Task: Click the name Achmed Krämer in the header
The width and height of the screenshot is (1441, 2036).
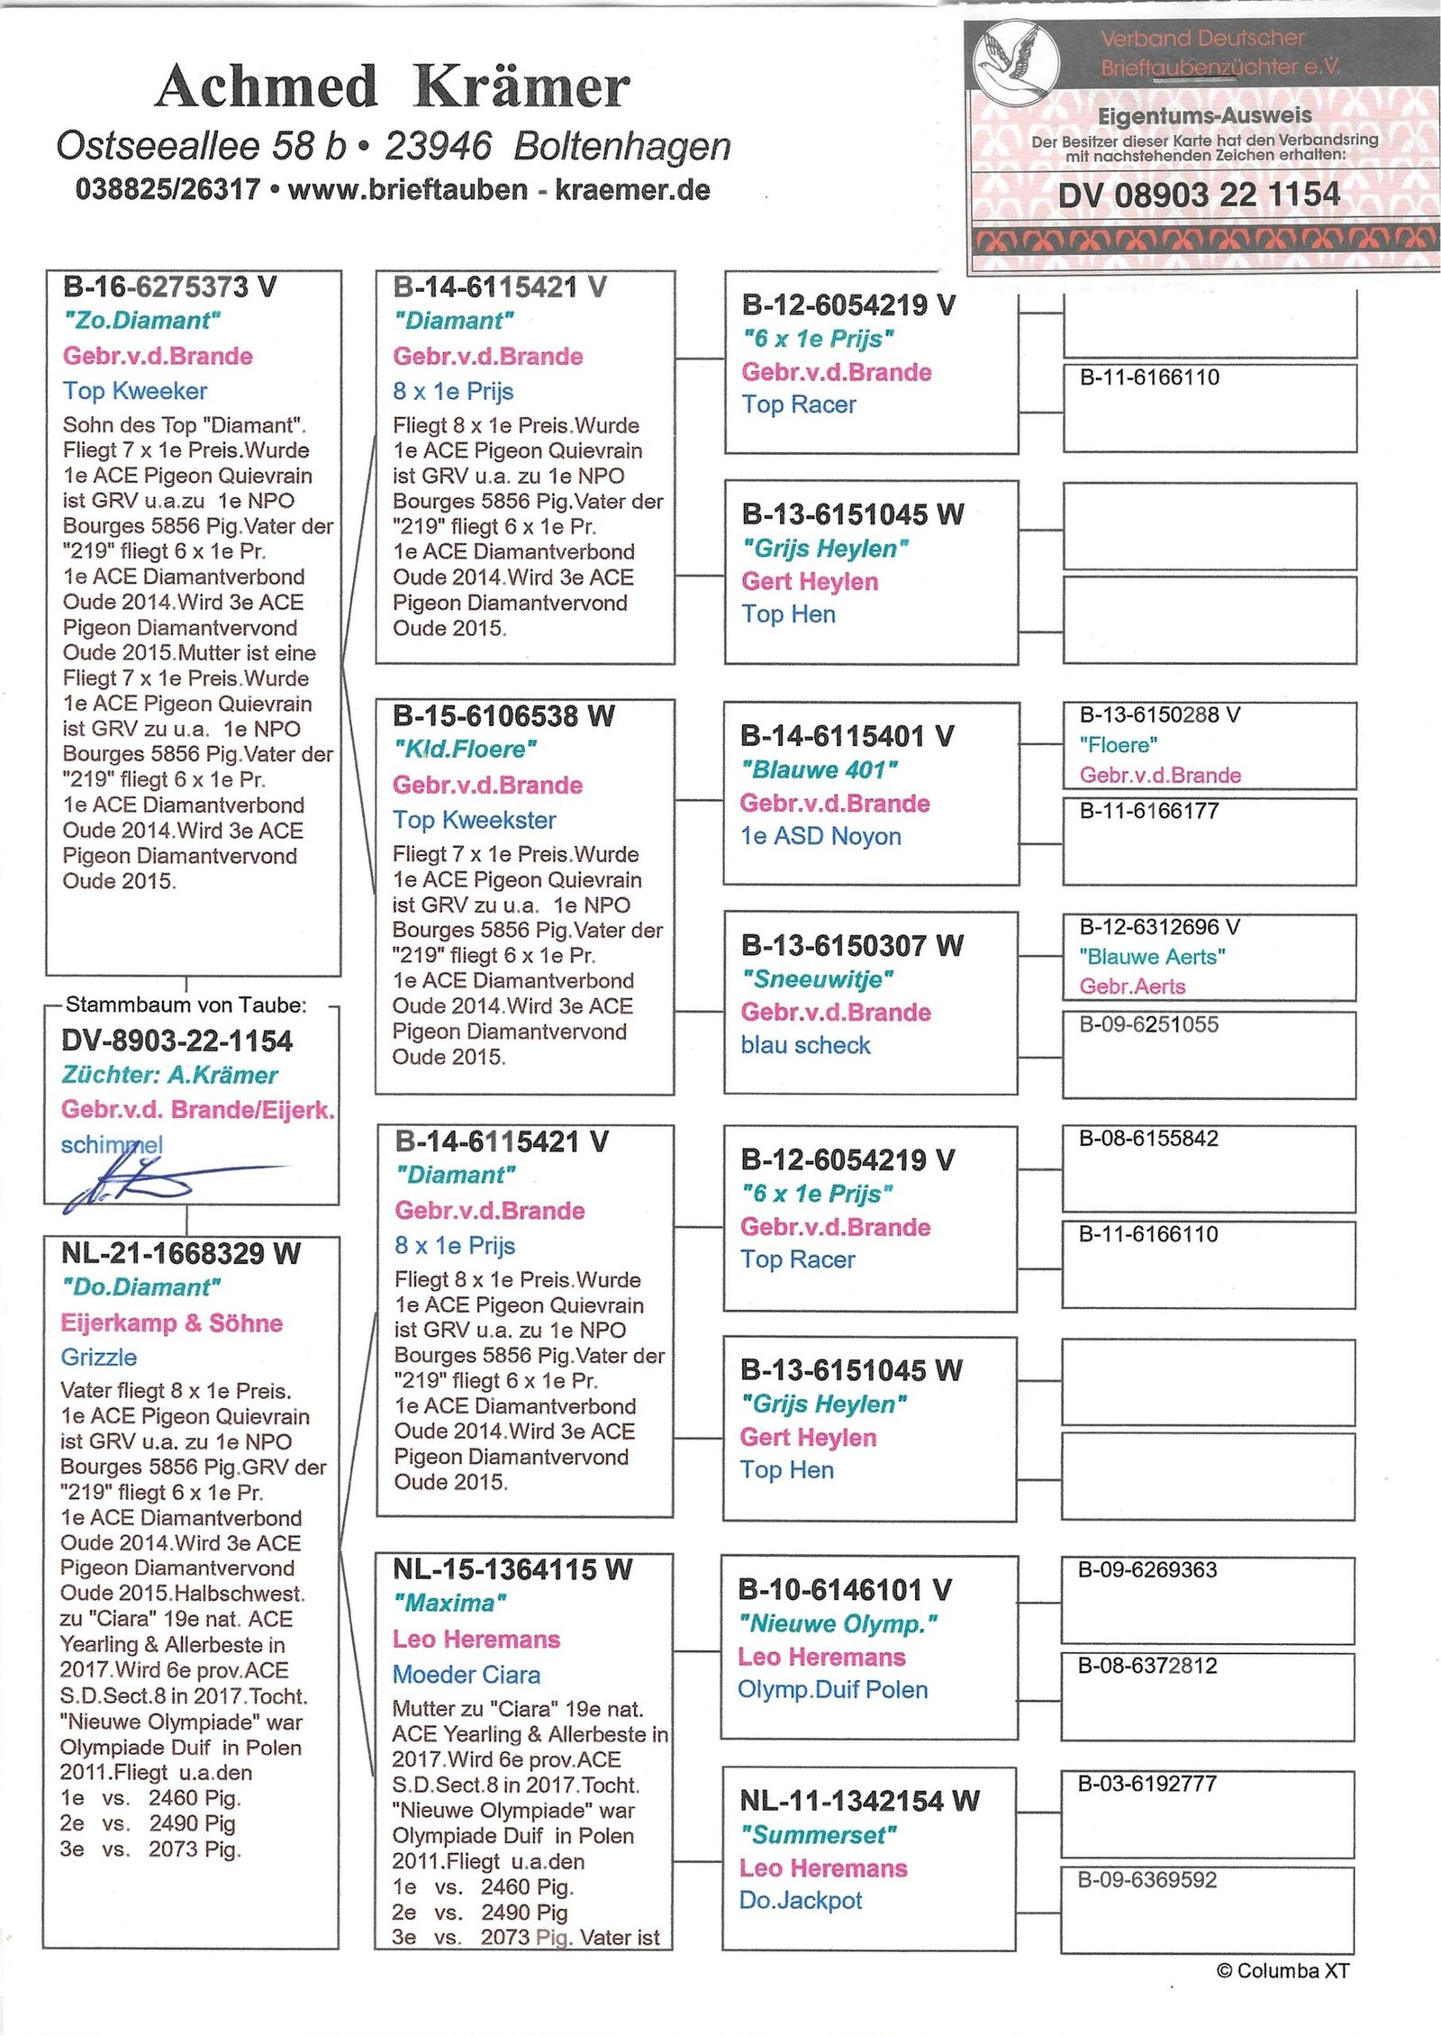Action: click(x=393, y=87)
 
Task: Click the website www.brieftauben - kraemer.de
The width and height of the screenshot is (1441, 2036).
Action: click(x=498, y=190)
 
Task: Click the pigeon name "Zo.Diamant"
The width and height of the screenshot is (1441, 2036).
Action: click(x=142, y=321)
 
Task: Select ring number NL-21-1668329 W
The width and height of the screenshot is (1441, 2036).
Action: click(x=180, y=1253)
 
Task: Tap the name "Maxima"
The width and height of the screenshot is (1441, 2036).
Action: click(x=449, y=1603)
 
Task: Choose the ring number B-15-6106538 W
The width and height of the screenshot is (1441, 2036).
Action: click(x=503, y=716)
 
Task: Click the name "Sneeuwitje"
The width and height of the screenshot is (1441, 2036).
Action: click(x=817, y=979)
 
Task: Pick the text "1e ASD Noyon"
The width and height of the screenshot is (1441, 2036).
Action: click(x=820, y=836)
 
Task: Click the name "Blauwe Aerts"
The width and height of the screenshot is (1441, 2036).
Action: click(x=1152, y=956)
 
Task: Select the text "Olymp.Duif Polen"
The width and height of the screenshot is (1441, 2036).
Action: click(x=832, y=1689)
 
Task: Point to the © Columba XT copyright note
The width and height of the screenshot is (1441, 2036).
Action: click(x=1282, y=1970)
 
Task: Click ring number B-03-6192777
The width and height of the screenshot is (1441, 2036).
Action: click(x=1147, y=1783)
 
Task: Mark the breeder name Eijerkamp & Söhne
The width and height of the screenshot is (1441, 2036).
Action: click(x=171, y=1322)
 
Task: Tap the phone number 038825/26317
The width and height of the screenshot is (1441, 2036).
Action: click(x=168, y=190)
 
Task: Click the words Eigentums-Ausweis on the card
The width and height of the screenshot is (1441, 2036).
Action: click(x=1204, y=115)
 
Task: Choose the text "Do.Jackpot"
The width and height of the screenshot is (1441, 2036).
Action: click(x=800, y=1900)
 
